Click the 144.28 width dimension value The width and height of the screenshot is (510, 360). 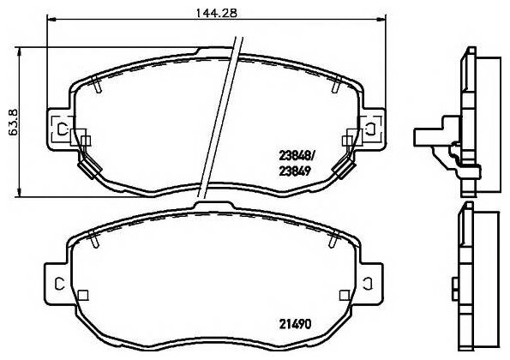216,13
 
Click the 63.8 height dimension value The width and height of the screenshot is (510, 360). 14,123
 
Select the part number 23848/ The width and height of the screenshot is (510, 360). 296,156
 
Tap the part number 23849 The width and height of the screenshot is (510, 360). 295,171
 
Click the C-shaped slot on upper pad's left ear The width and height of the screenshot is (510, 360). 61,129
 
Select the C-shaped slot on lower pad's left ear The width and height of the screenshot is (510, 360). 59,284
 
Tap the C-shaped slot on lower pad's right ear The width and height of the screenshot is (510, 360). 368,284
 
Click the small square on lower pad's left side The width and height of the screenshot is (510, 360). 83,295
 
